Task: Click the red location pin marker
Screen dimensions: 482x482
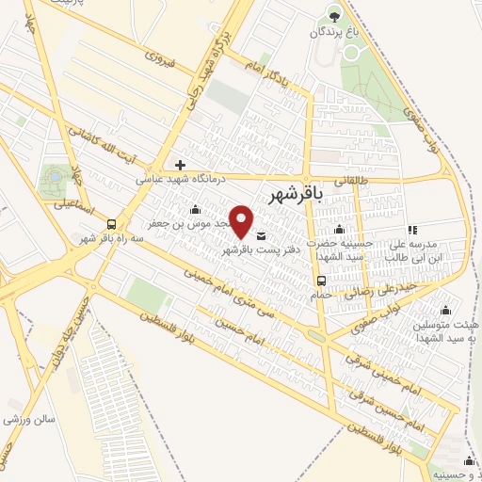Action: (243, 220)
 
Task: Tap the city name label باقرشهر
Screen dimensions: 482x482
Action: (295, 195)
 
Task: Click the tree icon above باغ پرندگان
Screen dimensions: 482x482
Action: (331, 13)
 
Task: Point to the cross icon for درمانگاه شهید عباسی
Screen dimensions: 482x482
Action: (180, 165)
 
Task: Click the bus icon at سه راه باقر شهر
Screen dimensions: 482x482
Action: (112, 224)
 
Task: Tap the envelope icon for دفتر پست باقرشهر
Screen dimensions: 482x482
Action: (261, 235)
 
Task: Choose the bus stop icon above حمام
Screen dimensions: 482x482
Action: (322, 280)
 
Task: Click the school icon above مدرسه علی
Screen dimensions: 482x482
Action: (412, 230)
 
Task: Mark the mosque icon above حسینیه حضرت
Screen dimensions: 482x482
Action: (340, 230)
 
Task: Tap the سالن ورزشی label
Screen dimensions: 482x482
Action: (33, 418)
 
